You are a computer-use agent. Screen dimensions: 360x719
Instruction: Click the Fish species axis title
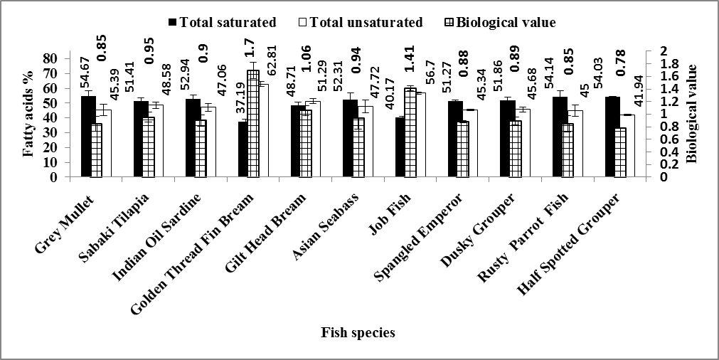(358, 332)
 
